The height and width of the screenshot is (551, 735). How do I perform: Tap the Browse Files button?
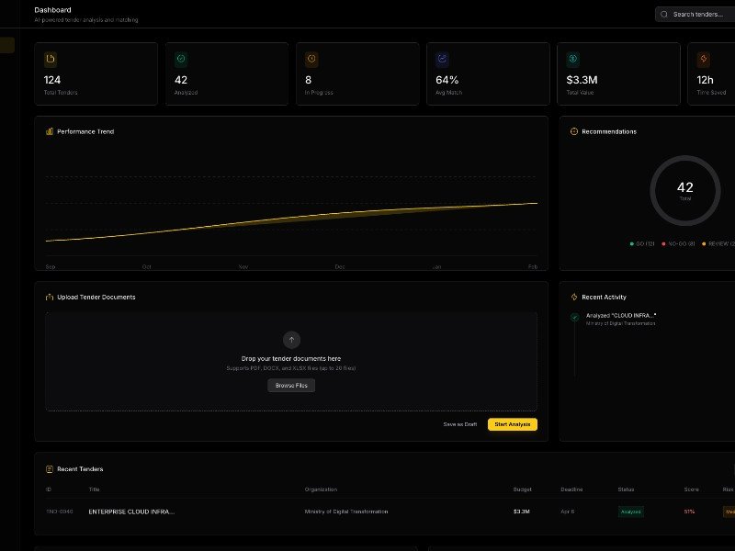(291, 386)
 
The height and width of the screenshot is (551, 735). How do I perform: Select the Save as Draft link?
(459, 424)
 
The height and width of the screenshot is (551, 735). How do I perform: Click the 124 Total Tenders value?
(52, 80)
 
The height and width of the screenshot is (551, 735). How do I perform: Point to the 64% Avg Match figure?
(447, 80)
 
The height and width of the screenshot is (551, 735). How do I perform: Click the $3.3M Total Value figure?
(582, 80)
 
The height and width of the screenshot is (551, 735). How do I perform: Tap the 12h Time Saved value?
(707, 80)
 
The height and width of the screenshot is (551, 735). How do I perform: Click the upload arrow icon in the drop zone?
(291, 339)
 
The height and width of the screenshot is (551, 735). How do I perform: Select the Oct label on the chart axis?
(146, 266)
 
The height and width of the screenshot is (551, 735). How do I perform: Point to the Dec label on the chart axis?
(340, 266)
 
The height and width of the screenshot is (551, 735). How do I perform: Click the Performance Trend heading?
(85, 131)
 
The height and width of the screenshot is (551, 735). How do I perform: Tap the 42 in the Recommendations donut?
(684, 187)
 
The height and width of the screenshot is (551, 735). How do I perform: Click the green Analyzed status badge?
(630, 512)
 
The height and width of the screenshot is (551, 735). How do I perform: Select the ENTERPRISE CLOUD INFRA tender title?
(131, 512)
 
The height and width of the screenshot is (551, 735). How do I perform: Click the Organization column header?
(321, 489)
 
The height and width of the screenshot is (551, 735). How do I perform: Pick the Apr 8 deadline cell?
(568, 512)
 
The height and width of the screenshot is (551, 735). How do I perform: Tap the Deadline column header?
(571, 489)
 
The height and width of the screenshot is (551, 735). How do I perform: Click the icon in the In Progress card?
(311, 59)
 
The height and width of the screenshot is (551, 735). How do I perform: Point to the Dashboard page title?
(52, 10)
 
